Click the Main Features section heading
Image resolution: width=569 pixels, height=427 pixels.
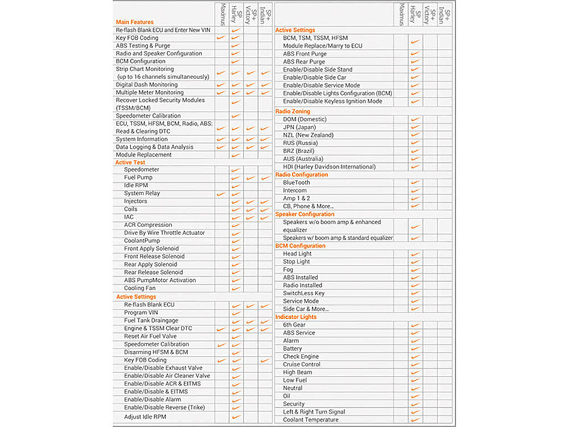click(x=134, y=22)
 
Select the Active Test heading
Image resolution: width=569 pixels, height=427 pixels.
click(x=131, y=162)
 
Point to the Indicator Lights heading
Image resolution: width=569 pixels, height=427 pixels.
click(x=296, y=317)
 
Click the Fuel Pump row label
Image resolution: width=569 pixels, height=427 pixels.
click(x=138, y=178)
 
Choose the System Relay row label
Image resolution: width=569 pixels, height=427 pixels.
click(x=142, y=194)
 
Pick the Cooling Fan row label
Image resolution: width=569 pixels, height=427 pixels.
click(x=140, y=288)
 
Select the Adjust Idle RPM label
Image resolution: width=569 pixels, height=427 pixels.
click(x=145, y=417)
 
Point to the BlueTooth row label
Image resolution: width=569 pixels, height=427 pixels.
click(x=297, y=183)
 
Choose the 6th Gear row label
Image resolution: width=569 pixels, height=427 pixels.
click(x=294, y=325)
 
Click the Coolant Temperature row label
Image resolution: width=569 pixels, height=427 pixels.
click(x=311, y=420)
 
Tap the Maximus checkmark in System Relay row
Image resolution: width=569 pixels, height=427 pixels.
click(x=221, y=194)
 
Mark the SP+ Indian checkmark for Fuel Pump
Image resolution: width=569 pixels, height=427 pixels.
click(x=265, y=178)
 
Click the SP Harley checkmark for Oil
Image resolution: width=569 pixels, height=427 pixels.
click(x=415, y=396)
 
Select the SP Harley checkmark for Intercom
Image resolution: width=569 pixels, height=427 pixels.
click(x=415, y=191)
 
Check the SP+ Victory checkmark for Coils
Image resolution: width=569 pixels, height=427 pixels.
click(x=250, y=210)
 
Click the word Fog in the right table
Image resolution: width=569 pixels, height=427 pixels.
click(x=288, y=269)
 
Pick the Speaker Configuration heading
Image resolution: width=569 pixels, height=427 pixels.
click(x=304, y=214)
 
